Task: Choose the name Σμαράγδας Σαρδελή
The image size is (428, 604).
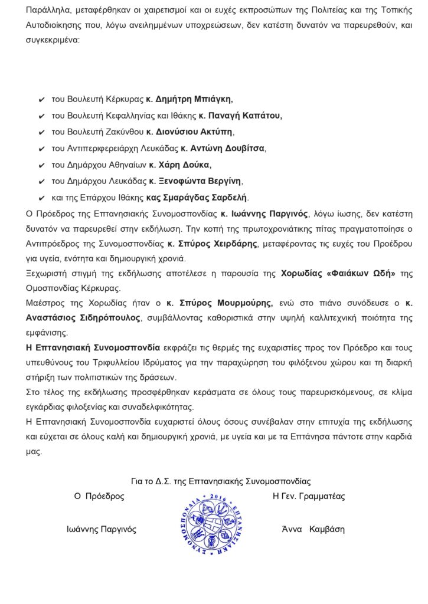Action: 204,197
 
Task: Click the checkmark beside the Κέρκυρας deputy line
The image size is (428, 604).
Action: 41,100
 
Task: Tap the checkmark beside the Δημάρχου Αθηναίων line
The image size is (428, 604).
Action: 41,165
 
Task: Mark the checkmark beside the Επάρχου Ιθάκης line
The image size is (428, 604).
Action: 41,198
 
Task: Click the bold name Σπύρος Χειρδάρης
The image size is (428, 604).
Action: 213,243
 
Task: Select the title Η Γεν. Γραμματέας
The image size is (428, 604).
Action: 309,496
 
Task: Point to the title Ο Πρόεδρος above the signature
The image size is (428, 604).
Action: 99,496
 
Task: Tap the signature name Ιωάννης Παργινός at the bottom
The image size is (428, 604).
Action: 102,529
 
